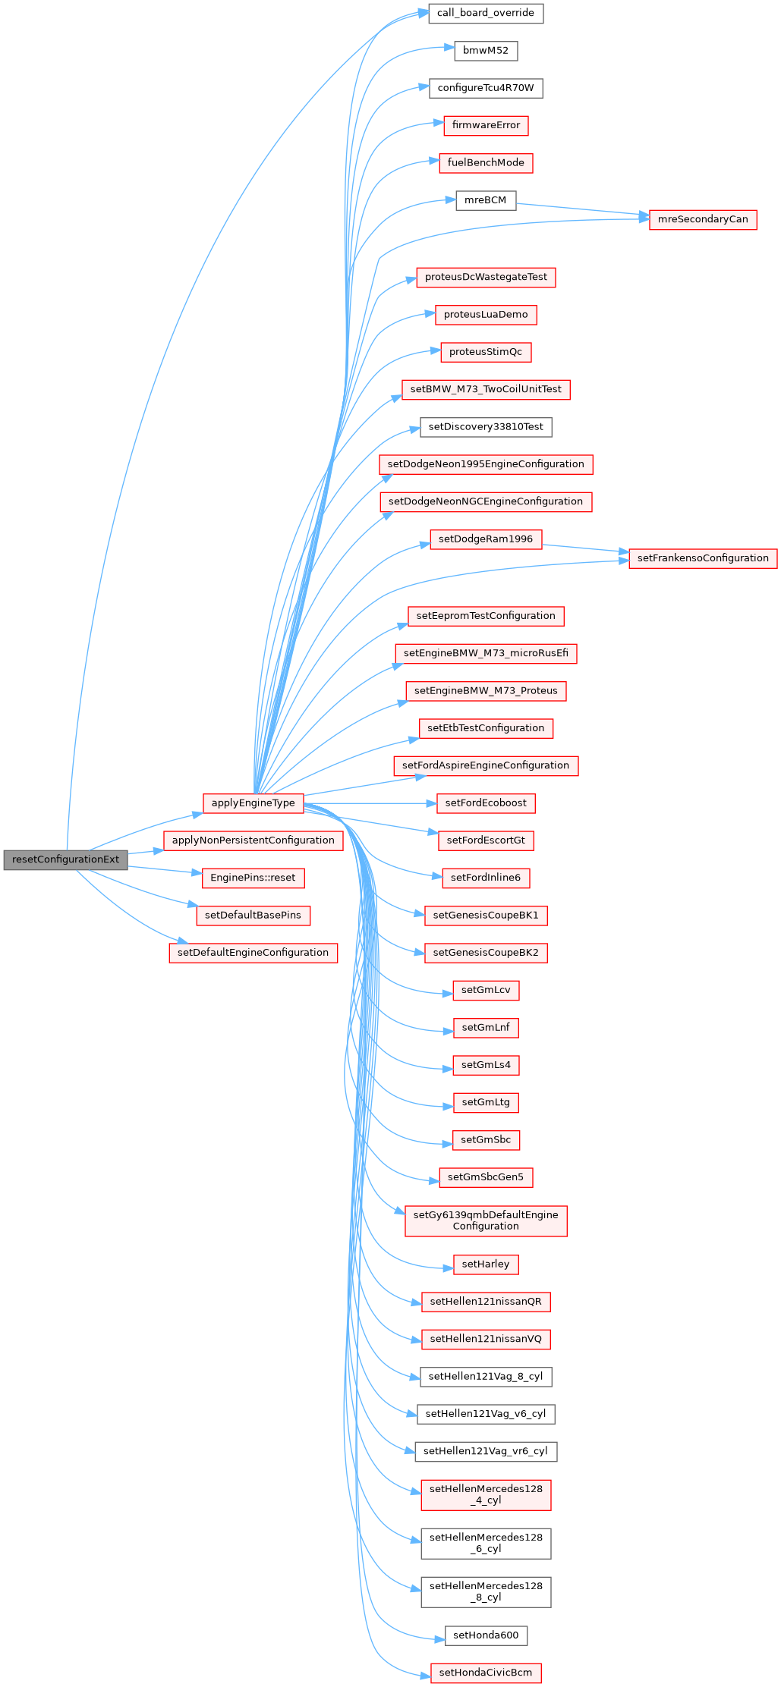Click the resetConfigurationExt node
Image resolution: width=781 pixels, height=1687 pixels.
click(x=65, y=859)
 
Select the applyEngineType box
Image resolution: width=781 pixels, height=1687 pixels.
click(x=253, y=803)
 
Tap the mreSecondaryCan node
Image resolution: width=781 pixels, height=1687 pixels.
click(x=702, y=219)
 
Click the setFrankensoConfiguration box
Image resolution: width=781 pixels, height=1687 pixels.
click(x=703, y=558)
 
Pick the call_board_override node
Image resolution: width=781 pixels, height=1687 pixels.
click(x=486, y=13)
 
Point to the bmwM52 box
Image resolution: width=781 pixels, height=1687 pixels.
click(x=486, y=51)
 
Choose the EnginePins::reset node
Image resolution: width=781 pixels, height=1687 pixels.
click(x=253, y=878)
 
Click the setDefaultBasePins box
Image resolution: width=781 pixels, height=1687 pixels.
click(x=253, y=915)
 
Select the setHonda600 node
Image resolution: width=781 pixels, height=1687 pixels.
click(x=486, y=1635)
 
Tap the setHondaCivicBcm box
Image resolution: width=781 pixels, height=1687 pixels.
click(x=486, y=1673)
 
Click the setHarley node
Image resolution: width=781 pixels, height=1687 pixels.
click(x=486, y=1264)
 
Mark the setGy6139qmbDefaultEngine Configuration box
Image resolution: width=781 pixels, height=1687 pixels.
click(x=486, y=1220)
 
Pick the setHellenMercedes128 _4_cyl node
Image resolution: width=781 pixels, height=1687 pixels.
click(x=486, y=1494)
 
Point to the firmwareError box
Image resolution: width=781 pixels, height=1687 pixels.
click(x=486, y=125)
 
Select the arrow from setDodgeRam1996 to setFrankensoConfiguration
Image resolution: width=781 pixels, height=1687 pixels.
click(x=585, y=548)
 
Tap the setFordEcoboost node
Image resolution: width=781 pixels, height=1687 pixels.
click(x=486, y=803)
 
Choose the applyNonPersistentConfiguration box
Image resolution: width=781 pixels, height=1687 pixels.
click(x=253, y=840)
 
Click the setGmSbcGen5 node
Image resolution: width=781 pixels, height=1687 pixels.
click(x=486, y=1177)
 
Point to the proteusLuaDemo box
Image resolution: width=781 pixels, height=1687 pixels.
click(x=486, y=315)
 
